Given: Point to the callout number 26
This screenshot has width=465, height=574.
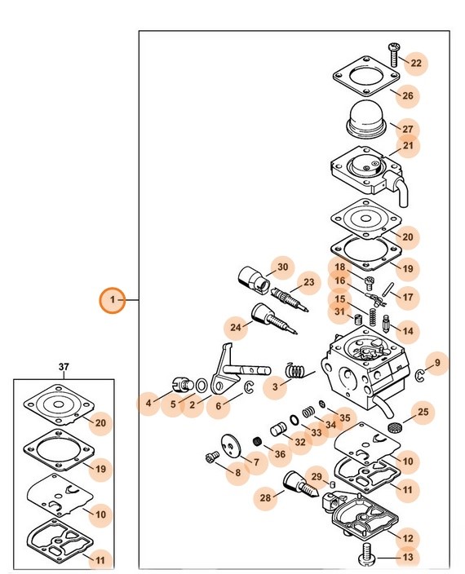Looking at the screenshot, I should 408,95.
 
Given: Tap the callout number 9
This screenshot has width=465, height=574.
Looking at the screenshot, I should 436,363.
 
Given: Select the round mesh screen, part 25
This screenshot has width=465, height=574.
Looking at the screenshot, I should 396,426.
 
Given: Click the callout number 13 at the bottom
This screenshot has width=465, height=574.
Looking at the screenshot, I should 408,558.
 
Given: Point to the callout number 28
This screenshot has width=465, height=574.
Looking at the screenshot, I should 265,497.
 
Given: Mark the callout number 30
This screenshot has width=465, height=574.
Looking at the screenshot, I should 282,267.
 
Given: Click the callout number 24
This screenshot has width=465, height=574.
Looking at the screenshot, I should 236,328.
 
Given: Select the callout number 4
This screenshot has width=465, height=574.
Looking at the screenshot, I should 148,402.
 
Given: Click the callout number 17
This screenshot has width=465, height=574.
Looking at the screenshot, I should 408,297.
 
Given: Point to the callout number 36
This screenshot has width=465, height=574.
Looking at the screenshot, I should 279,454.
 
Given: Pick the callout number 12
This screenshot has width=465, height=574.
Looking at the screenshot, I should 408,537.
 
